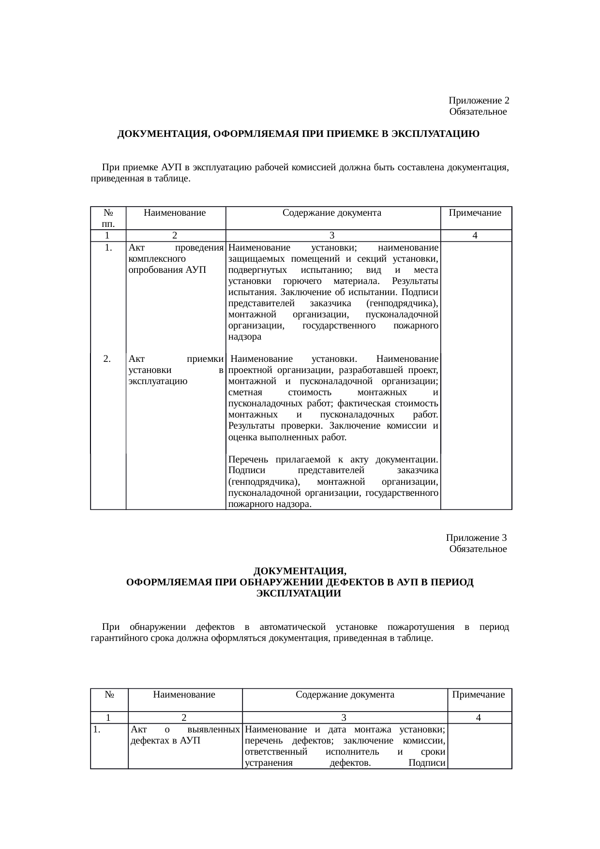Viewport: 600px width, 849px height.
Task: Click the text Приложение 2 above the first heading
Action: click(x=478, y=101)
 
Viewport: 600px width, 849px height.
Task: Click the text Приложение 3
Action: click(x=476, y=538)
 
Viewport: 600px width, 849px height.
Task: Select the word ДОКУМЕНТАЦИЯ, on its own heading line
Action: click(x=300, y=571)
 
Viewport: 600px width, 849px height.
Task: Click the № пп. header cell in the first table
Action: click(x=108, y=218)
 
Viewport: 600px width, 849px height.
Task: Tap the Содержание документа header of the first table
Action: click(x=332, y=213)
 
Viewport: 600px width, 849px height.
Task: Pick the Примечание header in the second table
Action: click(x=478, y=695)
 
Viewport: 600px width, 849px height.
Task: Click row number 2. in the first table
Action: click(x=108, y=359)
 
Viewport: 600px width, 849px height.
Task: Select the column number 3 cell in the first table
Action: click(x=332, y=236)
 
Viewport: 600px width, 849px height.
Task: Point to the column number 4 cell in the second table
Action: click(x=478, y=718)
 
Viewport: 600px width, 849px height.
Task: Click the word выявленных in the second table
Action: click(x=213, y=729)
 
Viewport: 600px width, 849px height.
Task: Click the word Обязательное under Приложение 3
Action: click(x=478, y=549)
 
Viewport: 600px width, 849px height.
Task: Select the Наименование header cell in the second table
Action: click(x=184, y=695)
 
